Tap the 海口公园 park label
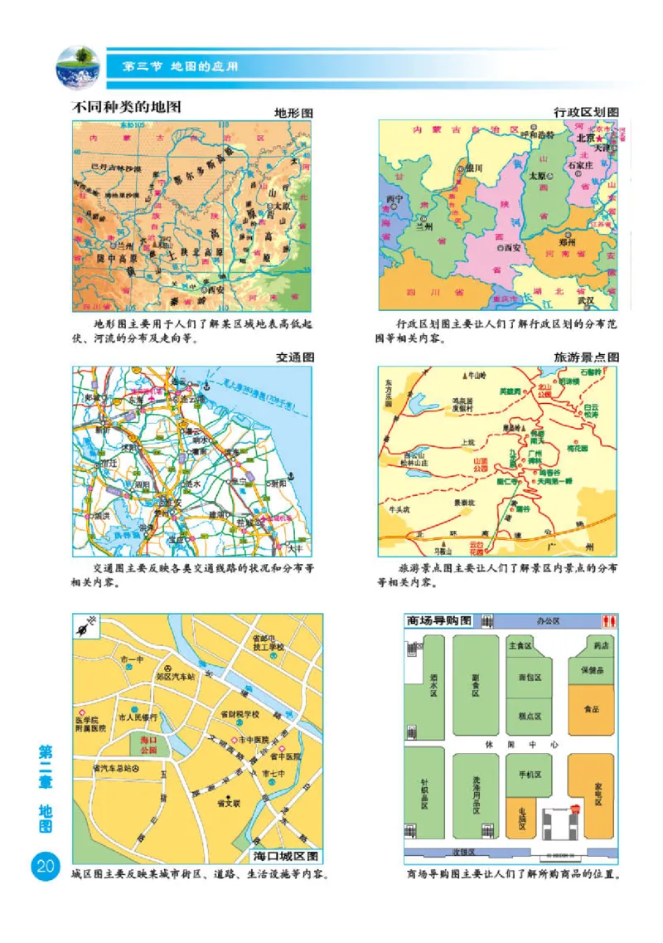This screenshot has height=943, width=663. coord(149,743)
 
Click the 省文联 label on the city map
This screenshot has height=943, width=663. coord(228,802)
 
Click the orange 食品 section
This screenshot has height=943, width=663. coord(591,709)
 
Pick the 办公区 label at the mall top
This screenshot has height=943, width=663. coord(548,620)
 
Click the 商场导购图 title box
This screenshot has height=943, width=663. coord(439,620)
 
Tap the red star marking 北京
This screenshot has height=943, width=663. coord(605,139)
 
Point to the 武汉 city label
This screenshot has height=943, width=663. coord(585,300)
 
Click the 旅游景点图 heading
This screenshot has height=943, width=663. coord(587,357)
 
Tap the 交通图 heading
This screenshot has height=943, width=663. coord(295,357)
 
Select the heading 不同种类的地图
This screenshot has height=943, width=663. coord(128,107)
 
